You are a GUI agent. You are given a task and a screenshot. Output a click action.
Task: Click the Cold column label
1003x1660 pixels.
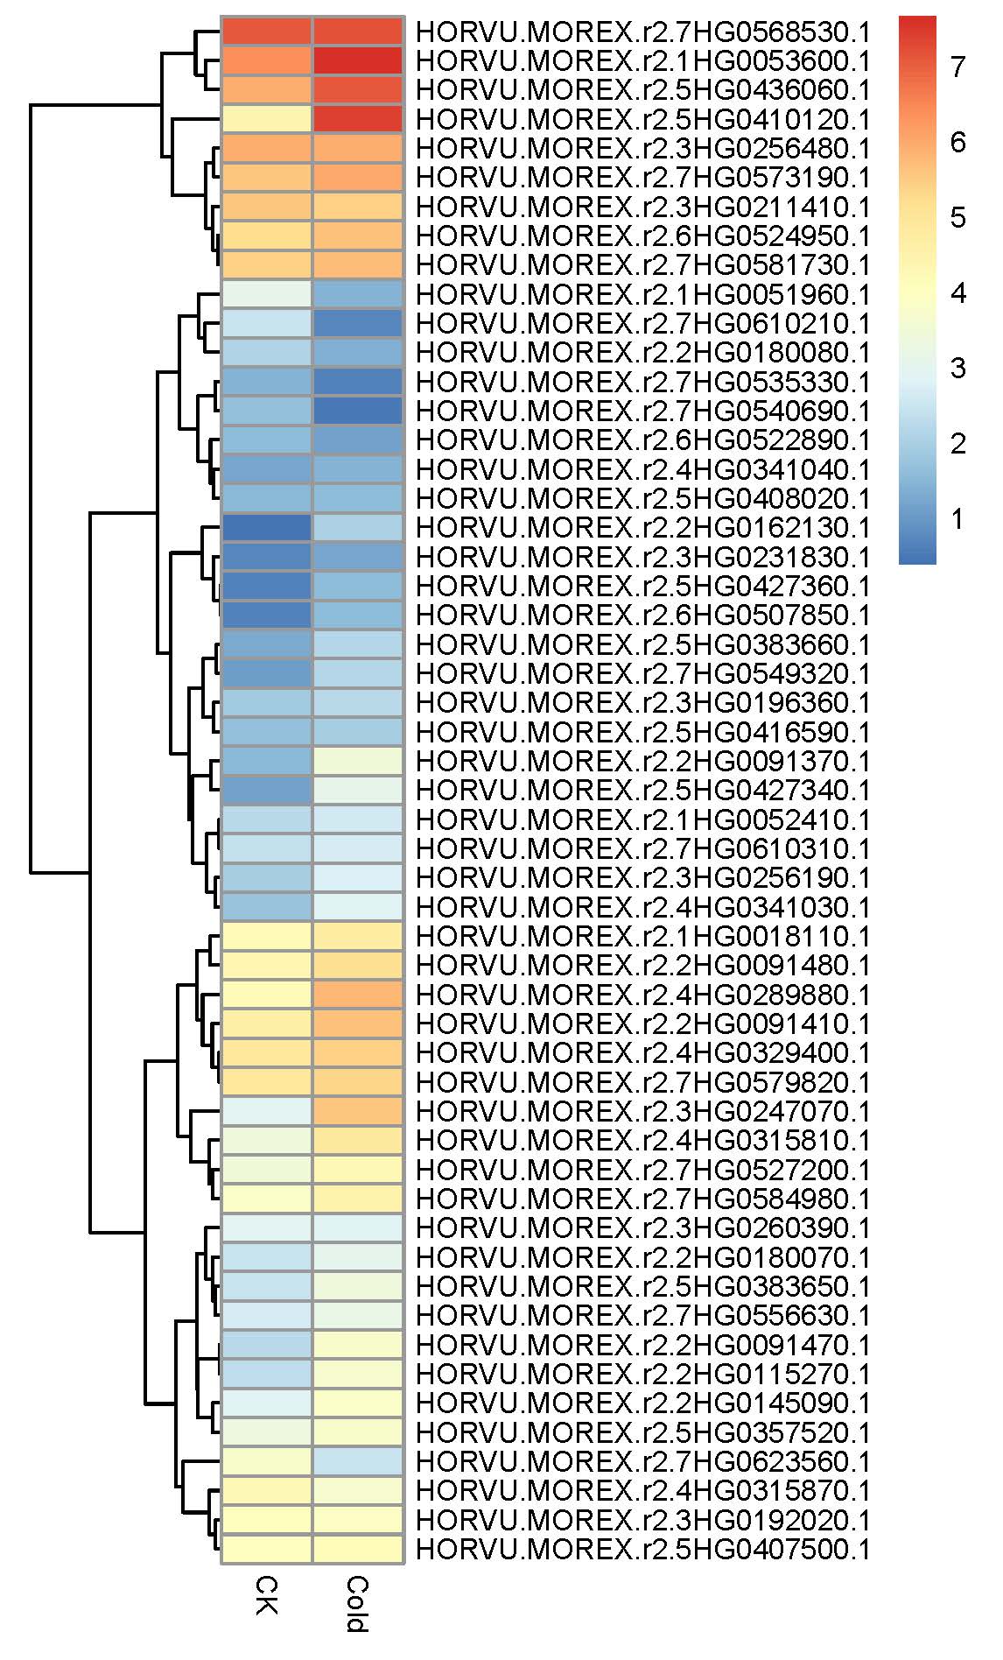tap(357, 1604)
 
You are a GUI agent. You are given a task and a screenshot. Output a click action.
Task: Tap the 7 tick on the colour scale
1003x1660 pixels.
tap(957, 67)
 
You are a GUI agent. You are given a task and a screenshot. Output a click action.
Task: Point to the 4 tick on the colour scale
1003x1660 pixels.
tap(957, 293)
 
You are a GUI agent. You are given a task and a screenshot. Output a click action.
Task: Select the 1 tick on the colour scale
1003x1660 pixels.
tap(957, 519)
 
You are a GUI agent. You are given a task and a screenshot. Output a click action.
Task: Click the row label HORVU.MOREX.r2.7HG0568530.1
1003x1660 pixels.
tap(642, 32)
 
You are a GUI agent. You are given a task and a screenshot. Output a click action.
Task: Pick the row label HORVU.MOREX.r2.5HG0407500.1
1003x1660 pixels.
tap(642, 1550)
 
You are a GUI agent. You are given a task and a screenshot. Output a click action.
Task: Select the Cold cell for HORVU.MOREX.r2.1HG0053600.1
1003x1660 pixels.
tap(358, 60)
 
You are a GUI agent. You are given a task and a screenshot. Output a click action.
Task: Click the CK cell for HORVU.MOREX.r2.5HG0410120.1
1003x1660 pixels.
tap(266, 119)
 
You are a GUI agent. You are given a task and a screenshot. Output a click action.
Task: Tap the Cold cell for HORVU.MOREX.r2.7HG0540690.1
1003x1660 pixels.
tap(358, 411)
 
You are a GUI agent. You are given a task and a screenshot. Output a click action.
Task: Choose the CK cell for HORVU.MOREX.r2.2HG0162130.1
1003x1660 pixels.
tap(266, 528)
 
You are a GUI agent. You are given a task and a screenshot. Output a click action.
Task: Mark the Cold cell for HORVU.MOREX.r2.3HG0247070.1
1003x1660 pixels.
tap(358, 1112)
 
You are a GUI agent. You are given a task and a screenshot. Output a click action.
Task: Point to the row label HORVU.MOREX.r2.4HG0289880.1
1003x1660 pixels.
tap(642, 995)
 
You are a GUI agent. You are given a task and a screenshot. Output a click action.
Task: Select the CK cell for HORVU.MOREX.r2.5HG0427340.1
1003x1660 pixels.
tap(266, 791)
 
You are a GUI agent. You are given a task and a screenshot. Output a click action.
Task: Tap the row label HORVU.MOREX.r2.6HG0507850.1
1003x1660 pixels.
tap(642, 615)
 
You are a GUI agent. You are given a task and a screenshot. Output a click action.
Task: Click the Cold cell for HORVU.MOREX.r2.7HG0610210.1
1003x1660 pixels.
tap(358, 323)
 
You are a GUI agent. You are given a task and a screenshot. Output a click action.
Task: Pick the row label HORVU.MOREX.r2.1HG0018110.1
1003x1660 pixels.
tap(642, 937)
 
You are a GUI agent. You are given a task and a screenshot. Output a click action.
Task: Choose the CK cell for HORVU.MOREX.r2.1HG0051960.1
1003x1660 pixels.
tap(266, 294)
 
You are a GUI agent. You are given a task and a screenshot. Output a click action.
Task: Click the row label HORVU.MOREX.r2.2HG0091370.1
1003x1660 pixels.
tap(642, 762)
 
